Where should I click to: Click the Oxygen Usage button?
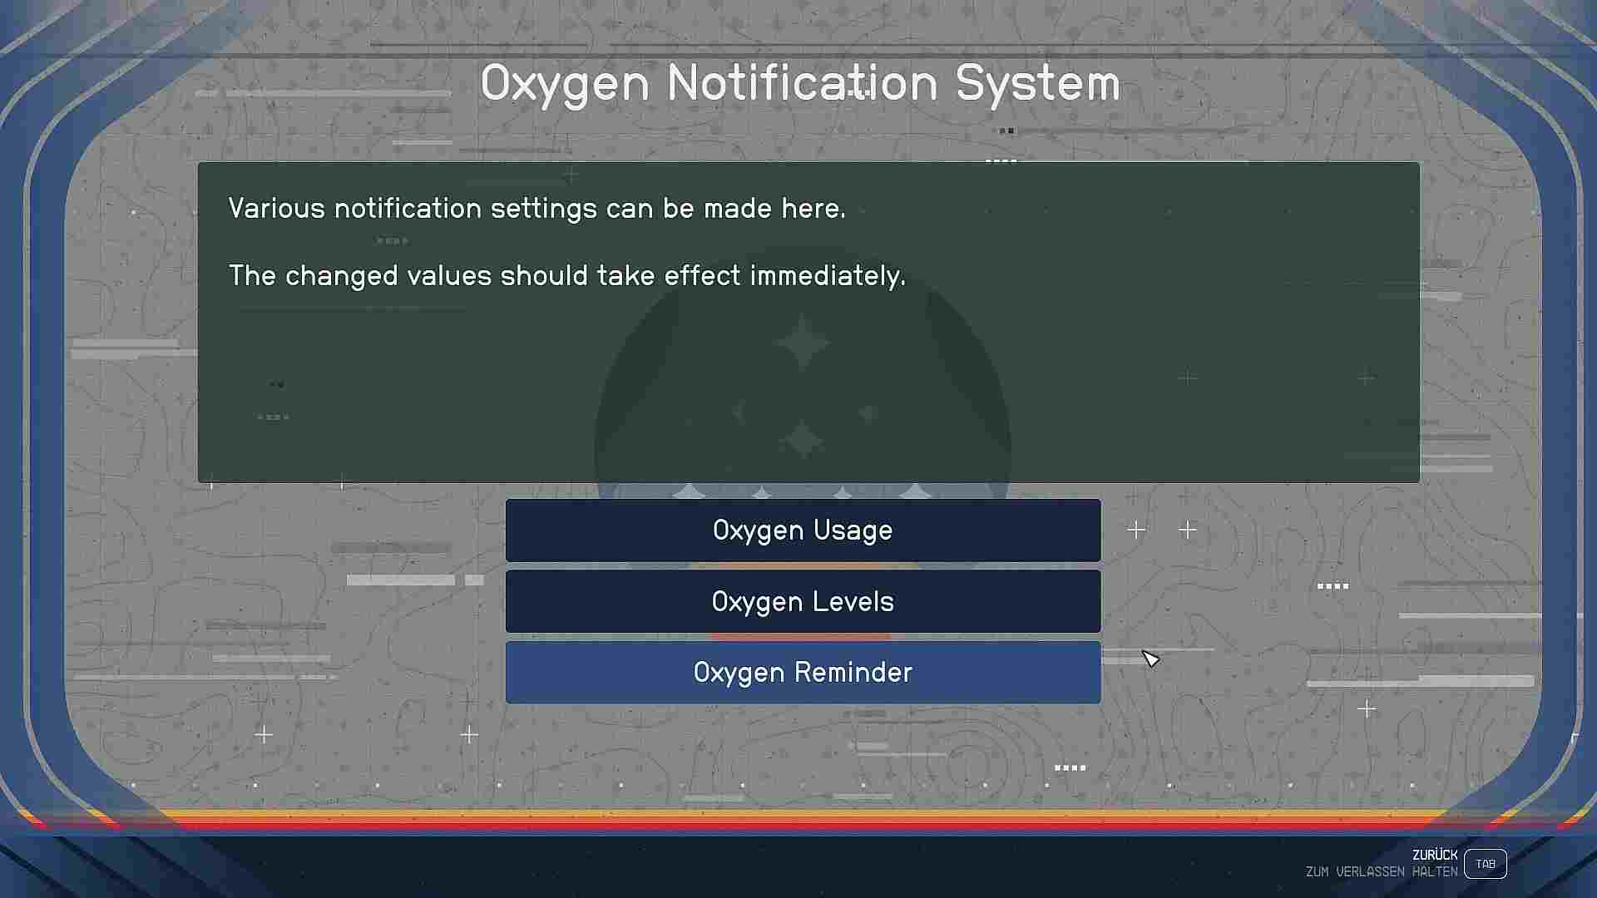coord(803,530)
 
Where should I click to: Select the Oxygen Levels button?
coord(803,601)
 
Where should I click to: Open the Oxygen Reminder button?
coord(803,672)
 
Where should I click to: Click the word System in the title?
coord(1038,84)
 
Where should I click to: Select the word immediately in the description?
coord(828,276)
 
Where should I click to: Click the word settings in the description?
coord(544,209)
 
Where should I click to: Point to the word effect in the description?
coord(702,275)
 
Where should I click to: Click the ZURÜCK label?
coord(1435,855)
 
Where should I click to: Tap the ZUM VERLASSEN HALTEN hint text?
coord(1382,872)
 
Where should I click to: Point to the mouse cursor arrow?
coord(1150,659)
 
